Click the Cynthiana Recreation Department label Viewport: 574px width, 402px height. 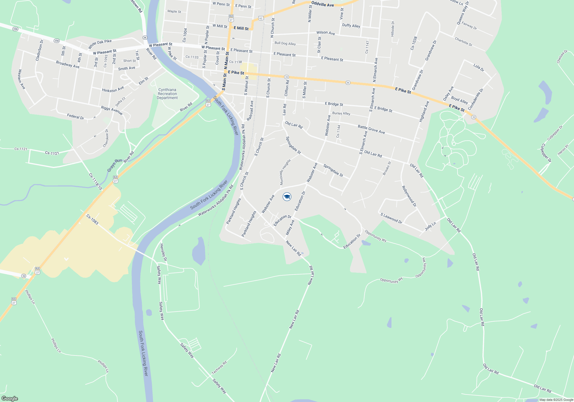tap(167, 94)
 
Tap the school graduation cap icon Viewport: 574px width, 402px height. tap(287, 197)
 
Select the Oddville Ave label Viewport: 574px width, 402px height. tap(323, 4)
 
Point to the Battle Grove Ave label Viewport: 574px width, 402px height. tap(371, 130)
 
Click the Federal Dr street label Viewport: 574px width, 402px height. tap(75, 117)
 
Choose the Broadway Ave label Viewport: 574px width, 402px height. tap(68, 64)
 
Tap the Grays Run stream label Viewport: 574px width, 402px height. tap(115, 165)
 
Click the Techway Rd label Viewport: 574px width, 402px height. tap(219, 368)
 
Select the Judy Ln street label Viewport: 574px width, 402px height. tap(430, 226)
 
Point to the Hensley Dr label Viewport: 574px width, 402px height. tap(163, 252)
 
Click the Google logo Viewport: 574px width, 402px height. tap(9, 399)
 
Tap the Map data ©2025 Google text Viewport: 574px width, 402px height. tap(556, 400)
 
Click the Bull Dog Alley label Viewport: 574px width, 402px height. tap(285, 43)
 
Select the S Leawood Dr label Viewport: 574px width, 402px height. tap(391, 218)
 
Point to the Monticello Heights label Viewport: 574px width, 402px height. tap(285, 172)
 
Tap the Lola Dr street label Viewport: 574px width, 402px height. tap(478, 67)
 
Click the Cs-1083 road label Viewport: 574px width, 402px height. tap(92, 220)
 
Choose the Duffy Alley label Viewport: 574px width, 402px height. tap(351, 26)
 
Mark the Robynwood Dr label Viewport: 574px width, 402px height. tap(409, 196)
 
